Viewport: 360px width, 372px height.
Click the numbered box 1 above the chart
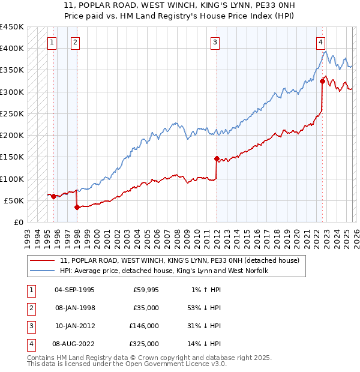52,42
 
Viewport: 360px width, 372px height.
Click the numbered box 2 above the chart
75,42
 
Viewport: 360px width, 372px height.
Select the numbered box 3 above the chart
215,42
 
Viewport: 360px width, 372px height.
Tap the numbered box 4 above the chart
321,42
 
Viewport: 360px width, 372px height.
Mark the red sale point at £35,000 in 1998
77,207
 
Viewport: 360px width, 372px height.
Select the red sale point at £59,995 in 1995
53,196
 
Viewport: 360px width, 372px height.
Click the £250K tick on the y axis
12,113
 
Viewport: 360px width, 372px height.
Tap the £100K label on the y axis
12,179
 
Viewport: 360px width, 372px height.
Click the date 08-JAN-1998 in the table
74,307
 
